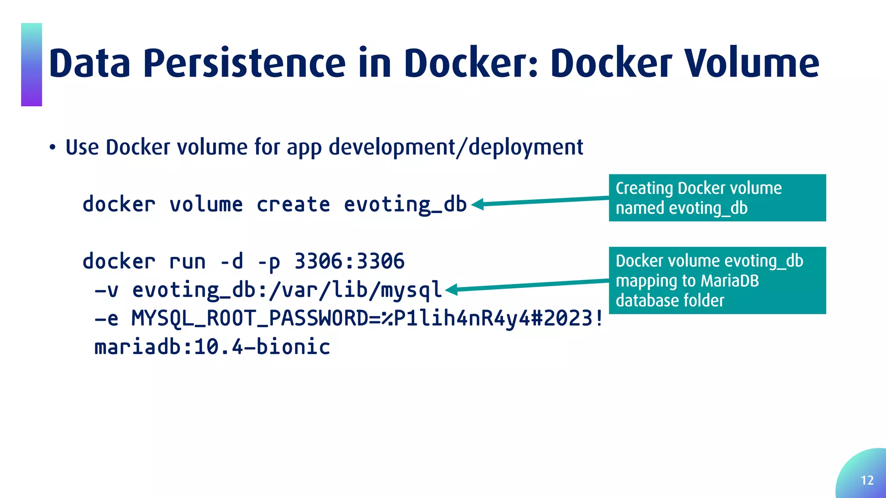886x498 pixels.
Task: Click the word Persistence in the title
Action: (x=244, y=64)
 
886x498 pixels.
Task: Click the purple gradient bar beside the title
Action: (x=32, y=65)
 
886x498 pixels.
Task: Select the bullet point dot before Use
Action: (x=52, y=148)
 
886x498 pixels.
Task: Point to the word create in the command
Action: (x=293, y=204)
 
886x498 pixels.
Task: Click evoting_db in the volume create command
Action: (x=405, y=204)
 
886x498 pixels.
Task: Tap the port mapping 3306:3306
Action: (x=350, y=261)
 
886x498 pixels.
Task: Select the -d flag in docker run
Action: (x=231, y=261)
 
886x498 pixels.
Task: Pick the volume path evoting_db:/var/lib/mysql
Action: (x=287, y=290)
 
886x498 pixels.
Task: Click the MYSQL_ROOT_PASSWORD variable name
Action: (x=250, y=319)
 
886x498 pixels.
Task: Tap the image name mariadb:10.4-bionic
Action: (x=212, y=347)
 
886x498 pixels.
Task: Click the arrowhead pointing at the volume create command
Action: (x=478, y=204)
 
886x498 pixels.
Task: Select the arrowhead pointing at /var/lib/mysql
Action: (x=452, y=290)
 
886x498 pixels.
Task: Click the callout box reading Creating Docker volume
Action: (x=717, y=198)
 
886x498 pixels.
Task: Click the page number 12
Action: (x=867, y=480)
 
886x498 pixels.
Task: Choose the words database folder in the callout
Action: (x=670, y=300)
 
